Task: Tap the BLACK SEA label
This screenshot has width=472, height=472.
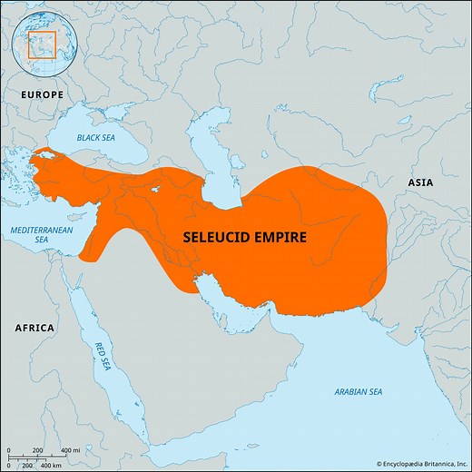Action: [96, 137]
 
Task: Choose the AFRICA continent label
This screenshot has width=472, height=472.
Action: [34, 328]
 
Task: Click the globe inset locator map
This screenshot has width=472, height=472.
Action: [42, 43]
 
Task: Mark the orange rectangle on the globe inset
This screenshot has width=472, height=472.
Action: [43, 44]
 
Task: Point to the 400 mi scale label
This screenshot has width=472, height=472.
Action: [69, 451]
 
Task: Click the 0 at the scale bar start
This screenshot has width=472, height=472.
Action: [6, 451]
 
